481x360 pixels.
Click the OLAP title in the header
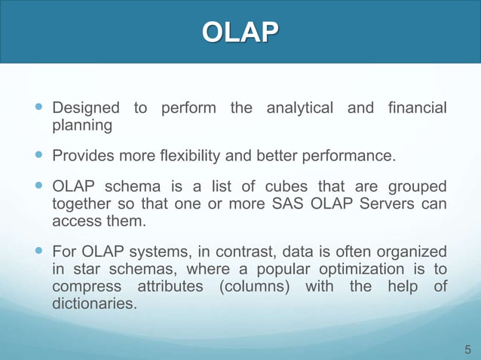pyautogui.click(x=240, y=32)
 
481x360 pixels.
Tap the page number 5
pyautogui.click(x=467, y=349)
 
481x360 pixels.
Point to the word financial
pyautogui.click(x=414, y=108)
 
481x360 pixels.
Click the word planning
pyautogui.click(x=82, y=125)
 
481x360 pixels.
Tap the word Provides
pyautogui.click(x=81, y=157)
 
